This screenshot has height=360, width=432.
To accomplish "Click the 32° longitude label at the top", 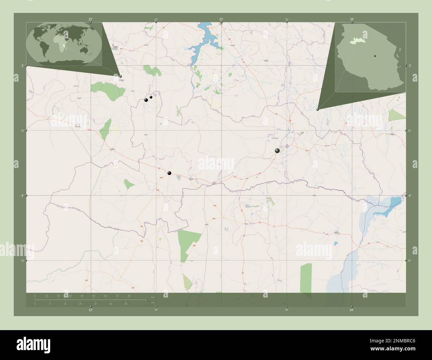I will [90, 19].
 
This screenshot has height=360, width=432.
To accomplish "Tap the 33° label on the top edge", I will [221, 19].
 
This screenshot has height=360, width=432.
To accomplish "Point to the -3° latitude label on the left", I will [22, 65].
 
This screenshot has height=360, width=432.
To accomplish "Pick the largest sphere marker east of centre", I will [277, 151].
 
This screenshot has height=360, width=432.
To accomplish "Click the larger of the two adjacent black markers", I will [146, 100].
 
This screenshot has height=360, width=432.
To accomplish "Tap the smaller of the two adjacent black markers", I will [151, 97].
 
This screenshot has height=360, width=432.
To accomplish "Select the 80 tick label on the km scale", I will [129, 296].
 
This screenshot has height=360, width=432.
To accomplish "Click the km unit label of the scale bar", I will [153, 297].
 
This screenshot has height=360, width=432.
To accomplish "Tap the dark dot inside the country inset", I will [375, 56].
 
